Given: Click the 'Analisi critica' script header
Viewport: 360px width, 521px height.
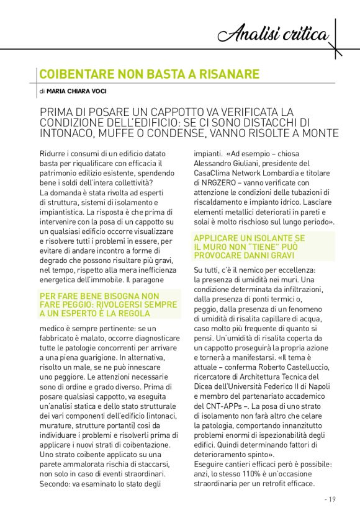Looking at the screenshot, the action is (275, 33).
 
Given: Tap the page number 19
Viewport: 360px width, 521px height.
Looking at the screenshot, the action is (330, 499).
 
